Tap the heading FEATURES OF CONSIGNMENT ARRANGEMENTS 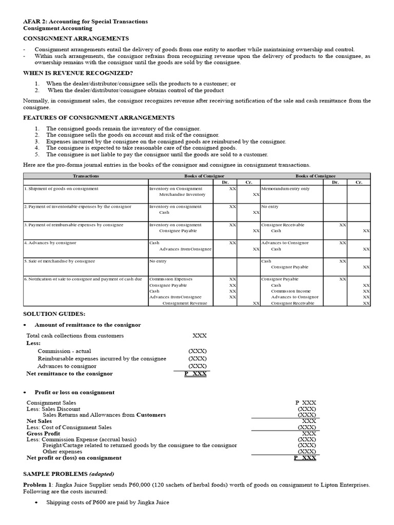pos(98,117)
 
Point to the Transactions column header pos(86,176)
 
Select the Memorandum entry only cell pos(285,189)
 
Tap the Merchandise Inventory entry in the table pos(182,195)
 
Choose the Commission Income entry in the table pos(291,291)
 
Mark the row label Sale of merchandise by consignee pos(60,261)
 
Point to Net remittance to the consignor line pos(69,374)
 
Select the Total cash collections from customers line pos(75,336)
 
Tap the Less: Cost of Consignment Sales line pos(69,427)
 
